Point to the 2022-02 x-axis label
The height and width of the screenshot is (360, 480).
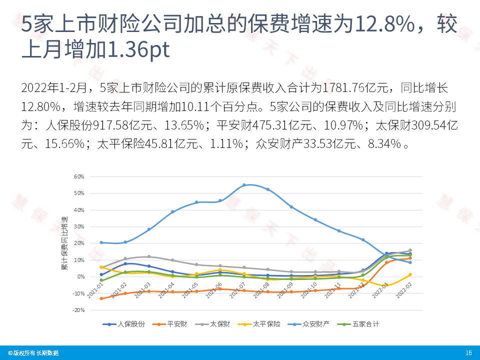[x=402, y=290]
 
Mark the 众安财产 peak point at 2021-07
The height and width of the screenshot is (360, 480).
[x=244, y=185]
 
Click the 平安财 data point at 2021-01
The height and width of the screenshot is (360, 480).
[x=101, y=298]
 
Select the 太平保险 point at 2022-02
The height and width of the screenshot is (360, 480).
[x=410, y=274]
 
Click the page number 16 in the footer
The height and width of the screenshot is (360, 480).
[x=468, y=353]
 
